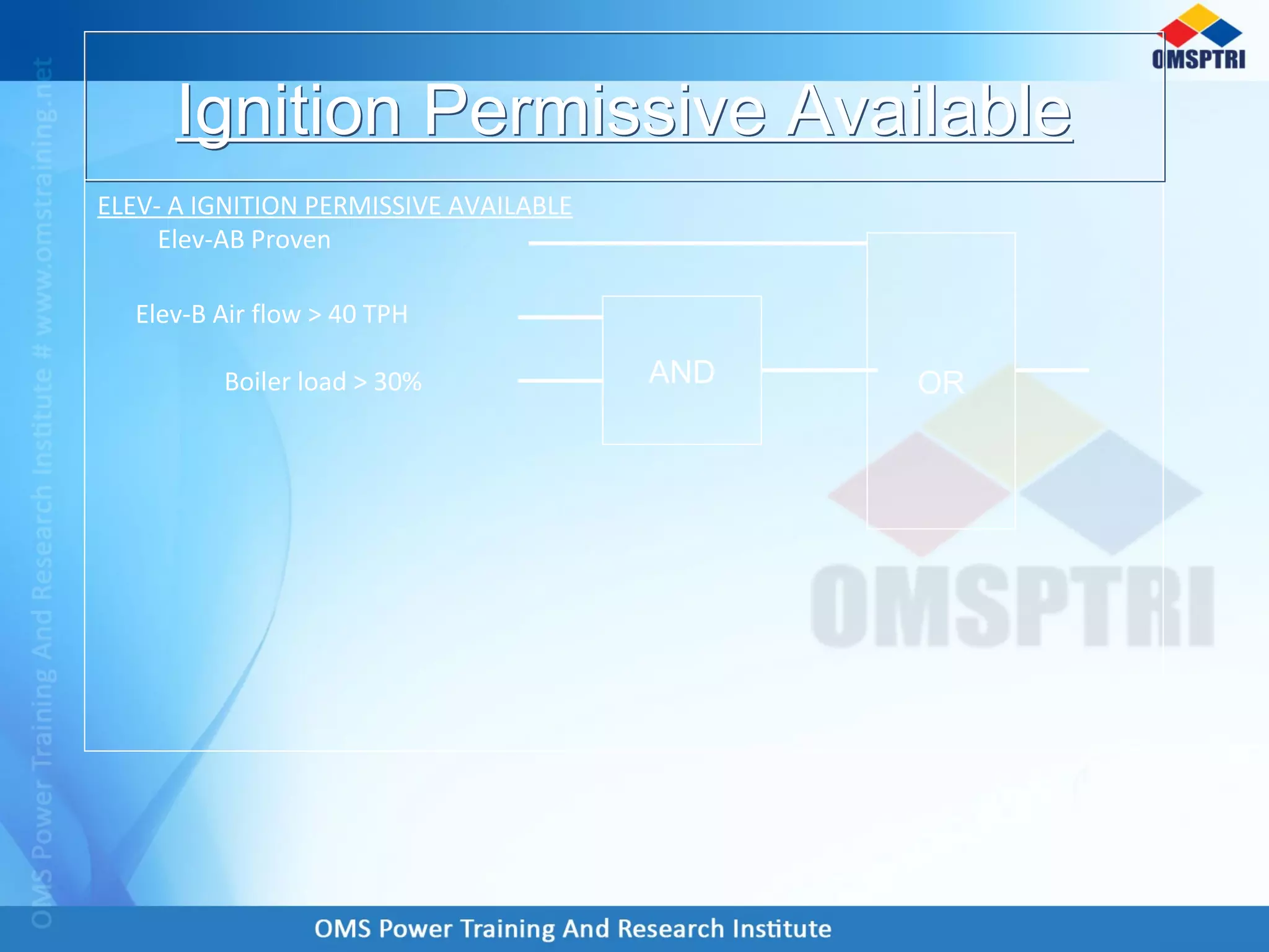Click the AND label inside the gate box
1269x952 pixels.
pos(682,372)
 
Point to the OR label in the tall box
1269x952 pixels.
pos(941,382)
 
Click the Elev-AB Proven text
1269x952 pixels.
pos(244,240)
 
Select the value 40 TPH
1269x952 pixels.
pos(367,314)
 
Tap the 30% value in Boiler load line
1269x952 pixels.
pos(397,382)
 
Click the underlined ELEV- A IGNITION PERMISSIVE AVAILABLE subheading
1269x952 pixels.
pos(335,206)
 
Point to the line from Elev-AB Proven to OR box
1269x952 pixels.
pos(697,243)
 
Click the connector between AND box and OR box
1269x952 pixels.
pos(818,370)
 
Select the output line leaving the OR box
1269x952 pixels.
pos(1052,370)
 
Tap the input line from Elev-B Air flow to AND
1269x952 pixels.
pos(560,317)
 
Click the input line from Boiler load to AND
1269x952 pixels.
pos(560,380)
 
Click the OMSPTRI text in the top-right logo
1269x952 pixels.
pos(1198,59)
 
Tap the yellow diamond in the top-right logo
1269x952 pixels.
pos(1199,17)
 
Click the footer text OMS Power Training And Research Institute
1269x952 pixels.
pos(573,928)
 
